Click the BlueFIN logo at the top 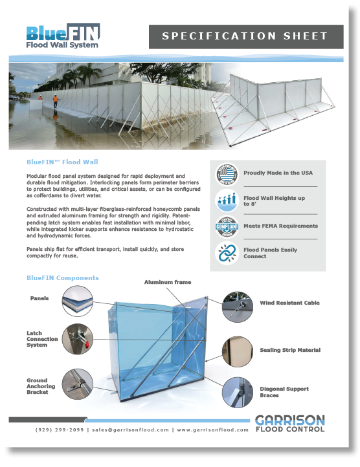63,36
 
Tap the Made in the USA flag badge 227,173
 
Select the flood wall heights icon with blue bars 227,201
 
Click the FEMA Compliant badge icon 227,226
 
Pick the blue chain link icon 227,253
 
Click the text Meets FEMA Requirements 280,226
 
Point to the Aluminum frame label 167,283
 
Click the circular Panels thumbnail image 77,302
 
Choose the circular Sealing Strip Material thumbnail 237,351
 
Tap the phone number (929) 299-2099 60,429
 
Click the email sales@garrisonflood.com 130,429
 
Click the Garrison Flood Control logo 289,423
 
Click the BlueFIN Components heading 63,278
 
